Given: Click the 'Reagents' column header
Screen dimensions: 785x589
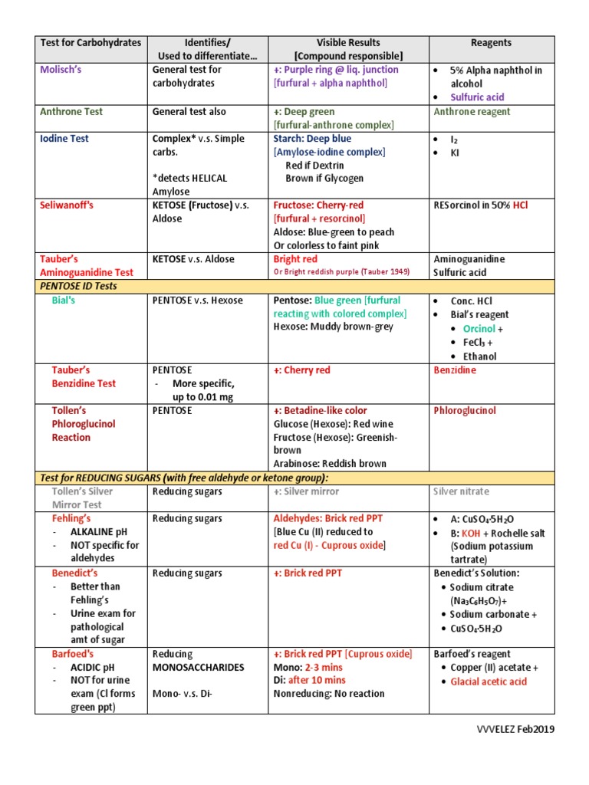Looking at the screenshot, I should pos(491,43).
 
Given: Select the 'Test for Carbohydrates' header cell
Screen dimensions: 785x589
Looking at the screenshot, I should pos(90,43).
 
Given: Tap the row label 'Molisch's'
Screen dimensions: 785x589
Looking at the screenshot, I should pos(62,70).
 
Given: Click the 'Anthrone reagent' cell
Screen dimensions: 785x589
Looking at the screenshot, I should pos(472,112).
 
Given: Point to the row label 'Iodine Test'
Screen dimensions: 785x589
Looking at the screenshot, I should pos(64,139).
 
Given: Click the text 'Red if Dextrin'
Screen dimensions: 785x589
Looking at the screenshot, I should pos(314,166).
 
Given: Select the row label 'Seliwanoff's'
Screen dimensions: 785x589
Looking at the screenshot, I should pos(67,205).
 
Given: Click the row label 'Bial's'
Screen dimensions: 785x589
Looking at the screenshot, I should pos(64,301).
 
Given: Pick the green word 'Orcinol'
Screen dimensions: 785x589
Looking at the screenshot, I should pos(479,329).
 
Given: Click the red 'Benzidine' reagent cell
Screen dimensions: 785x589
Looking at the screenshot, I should pos(455,370).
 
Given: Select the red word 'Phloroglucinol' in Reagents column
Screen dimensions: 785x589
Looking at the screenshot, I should pos(465,411).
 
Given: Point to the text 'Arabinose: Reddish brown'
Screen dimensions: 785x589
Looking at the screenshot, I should pos(330,464).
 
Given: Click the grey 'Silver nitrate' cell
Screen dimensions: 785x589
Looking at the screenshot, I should pos(461,491).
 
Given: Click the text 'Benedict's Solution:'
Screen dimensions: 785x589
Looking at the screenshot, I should pos(476,573).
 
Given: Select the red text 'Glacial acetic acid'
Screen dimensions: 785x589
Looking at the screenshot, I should pos(489,682).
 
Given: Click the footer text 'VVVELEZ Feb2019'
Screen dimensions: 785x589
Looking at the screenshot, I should pos(515,729).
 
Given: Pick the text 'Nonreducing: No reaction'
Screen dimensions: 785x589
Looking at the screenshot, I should pos(329,694).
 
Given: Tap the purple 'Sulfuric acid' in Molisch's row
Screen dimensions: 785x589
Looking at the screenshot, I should pos(477,97).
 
